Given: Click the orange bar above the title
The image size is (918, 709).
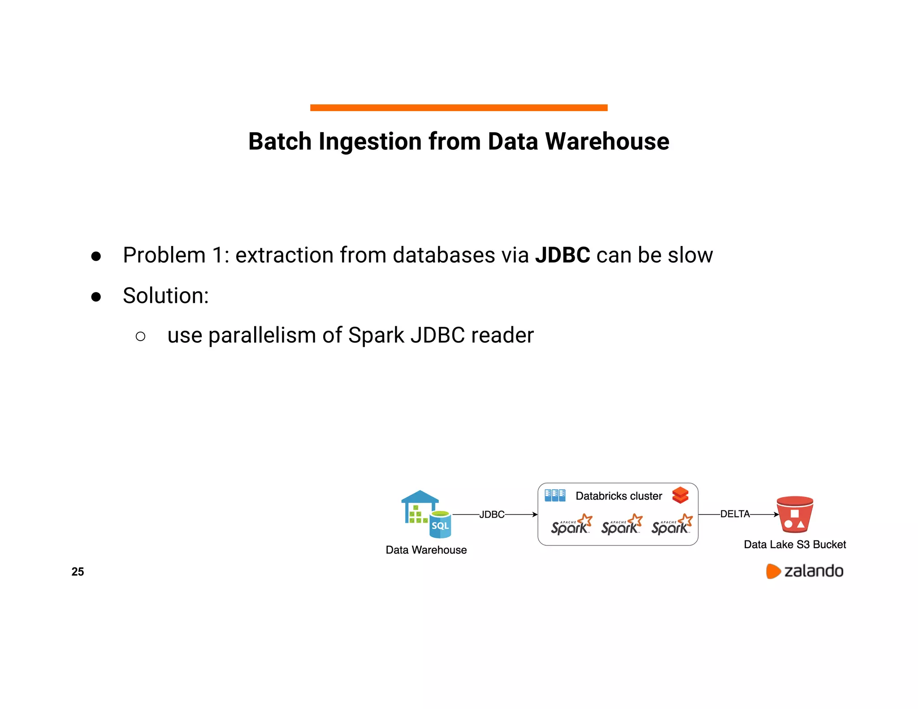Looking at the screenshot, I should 459,108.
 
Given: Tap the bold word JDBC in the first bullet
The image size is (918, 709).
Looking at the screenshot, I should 562,255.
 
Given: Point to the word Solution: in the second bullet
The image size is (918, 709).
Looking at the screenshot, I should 166,296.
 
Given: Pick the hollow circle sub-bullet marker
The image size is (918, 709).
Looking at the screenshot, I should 140,336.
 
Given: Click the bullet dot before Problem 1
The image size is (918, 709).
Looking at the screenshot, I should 96,256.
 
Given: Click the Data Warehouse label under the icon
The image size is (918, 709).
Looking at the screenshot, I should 426,550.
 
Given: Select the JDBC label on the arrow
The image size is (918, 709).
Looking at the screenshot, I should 492,514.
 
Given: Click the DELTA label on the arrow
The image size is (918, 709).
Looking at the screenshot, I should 735,514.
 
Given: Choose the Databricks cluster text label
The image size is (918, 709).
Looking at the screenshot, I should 619,496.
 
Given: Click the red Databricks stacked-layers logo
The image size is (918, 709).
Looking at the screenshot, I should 680,495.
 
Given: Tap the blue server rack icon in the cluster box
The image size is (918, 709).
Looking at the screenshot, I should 555,495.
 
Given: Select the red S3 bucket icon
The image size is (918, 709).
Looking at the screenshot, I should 795,514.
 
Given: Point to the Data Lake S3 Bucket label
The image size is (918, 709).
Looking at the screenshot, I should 795,545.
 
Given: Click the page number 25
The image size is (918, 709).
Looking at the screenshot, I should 78,572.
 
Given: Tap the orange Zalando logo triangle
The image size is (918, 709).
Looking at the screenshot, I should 773,571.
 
